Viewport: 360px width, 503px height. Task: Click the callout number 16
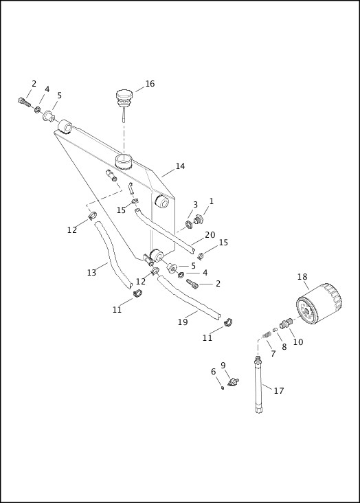click(150, 84)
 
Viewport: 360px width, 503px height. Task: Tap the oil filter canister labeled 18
click(318, 308)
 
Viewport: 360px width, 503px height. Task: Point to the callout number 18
click(302, 277)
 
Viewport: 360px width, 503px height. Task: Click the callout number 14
click(180, 166)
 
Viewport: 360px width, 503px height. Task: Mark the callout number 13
click(91, 273)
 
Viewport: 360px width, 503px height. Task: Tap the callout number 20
click(210, 234)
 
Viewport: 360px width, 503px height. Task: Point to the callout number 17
click(278, 391)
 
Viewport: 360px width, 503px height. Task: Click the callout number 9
click(223, 365)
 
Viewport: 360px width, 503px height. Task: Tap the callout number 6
click(214, 372)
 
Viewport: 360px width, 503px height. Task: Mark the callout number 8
click(284, 347)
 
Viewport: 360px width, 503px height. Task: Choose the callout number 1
click(212, 201)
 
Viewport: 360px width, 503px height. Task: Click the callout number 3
click(195, 205)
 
